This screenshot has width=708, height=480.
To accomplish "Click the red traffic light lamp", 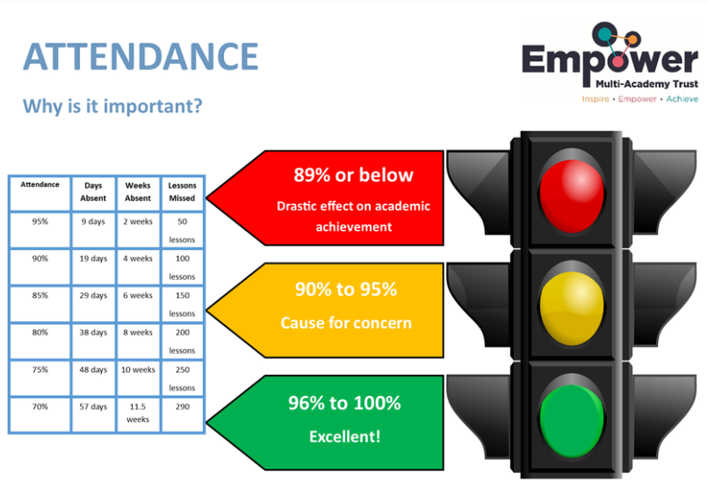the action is (x=572, y=196).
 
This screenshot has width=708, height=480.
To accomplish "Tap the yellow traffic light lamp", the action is (x=572, y=308).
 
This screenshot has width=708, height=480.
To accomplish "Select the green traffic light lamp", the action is (x=572, y=421).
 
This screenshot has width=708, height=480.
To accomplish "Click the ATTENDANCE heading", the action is (x=141, y=57).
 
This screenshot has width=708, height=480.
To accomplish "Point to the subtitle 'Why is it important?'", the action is (x=112, y=106).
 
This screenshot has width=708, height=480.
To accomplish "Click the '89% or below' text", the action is (x=353, y=175).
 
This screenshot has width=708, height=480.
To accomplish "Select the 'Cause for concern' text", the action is (x=346, y=323).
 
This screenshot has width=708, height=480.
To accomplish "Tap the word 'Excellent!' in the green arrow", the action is (x=345, y=437).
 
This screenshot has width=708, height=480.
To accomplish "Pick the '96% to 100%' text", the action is (x=344, y=403).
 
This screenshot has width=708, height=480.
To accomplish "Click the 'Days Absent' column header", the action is (x=93, y=191).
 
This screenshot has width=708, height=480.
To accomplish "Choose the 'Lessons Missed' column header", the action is (x=182, y=191).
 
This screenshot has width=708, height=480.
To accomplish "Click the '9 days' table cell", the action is (x=93, y=221).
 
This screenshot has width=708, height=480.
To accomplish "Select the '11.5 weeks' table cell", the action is (x=138, y=412).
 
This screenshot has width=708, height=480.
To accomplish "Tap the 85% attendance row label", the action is (x=40, y=296).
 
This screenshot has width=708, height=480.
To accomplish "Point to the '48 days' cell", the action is (x=93, y=369).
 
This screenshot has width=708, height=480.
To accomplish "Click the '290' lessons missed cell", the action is (x=183, y=406).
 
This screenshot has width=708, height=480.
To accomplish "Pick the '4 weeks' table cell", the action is (x=138, y=259).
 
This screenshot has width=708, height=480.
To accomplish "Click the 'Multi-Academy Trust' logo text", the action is (x=647, y=84).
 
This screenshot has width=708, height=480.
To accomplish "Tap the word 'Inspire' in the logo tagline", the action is (x=595, y=99).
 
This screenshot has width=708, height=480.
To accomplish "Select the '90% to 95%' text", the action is (x=346, y=290).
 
